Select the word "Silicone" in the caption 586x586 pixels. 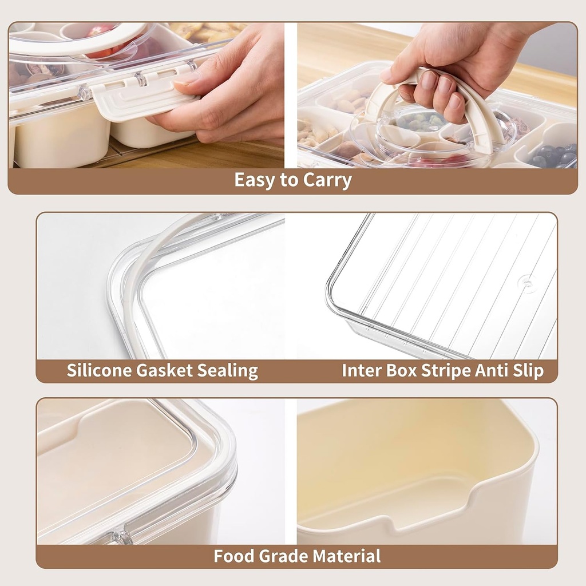(x=98, y=370)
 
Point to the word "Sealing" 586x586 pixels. (x=228, y=371)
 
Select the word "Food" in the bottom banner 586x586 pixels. (x=234, y=556)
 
